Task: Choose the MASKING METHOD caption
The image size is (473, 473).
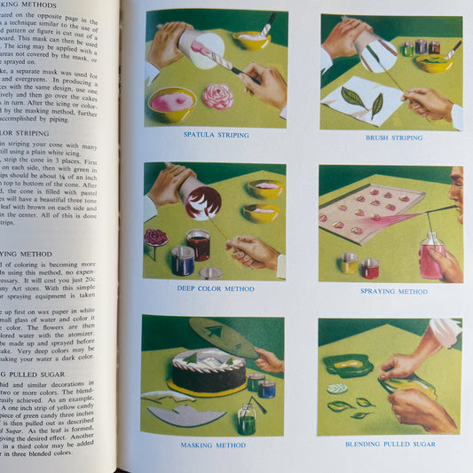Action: click(x=213, y=444)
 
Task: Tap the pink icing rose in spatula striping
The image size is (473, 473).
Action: click(x=217, y=97)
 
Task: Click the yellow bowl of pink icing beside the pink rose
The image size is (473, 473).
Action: click(x=171, y=103)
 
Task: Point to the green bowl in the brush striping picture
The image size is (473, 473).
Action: click(x=433, y=62)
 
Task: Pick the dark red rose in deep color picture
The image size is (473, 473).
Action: click(x=156, y=238)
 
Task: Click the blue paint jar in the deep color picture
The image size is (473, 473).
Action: click(x=182, y=260)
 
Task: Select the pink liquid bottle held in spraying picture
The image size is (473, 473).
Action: click(x=432, y=258)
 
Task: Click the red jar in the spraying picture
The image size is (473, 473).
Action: click(x=369, y=268)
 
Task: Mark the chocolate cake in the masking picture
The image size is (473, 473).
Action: click(x=209, y=371)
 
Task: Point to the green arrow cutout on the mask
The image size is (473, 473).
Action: click(x=215, y=332)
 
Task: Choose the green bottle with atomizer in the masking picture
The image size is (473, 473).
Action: click(x=247, y=418)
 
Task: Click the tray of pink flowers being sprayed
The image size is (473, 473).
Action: click(x=368, y=213)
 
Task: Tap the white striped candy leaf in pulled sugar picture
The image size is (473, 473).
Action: click(x=337, y=389)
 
